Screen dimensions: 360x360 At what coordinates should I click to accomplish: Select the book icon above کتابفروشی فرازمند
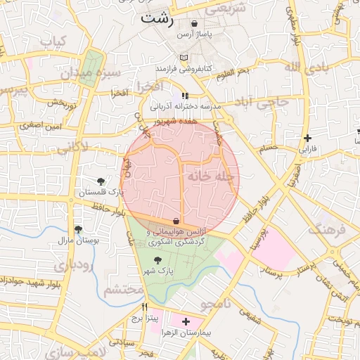[x=184, y=58]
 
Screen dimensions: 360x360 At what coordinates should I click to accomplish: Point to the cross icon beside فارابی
[x=307, y=138]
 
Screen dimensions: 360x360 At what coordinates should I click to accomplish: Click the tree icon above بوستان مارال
[x=78, y=229]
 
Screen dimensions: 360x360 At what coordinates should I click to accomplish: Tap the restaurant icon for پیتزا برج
[x=145, y=307]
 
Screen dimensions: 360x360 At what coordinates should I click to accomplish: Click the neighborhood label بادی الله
[x=306, y=67]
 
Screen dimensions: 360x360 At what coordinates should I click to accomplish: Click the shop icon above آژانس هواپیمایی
[x=175, y=220]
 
